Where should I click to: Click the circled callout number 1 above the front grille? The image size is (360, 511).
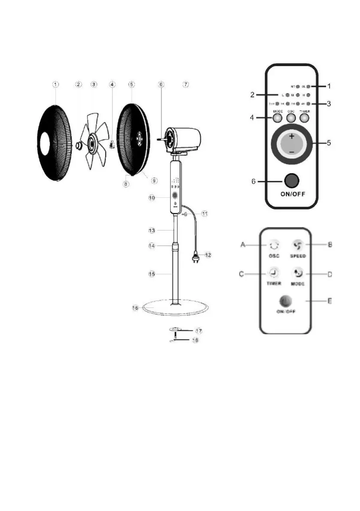click(x=56, y=85)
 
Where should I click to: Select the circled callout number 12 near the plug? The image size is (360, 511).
click(x=208, y=255)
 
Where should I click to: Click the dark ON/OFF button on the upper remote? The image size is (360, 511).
click(x=292, y=180)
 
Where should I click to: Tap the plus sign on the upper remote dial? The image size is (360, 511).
click(x=292, y=137)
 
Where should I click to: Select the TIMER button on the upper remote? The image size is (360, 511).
click(x=304, y=117)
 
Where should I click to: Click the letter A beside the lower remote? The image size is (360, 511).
click(x=243, y=245)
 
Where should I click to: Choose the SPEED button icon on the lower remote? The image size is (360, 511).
click(x=297, y=245)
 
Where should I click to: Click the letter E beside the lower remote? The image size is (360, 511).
click(x=330, y=301)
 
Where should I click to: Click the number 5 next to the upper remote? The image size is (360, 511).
click(x=329, y=143)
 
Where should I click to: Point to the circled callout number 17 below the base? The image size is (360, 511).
click(x=199, y=331)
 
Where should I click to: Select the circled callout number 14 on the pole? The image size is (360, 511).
click(x=151, y=246)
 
